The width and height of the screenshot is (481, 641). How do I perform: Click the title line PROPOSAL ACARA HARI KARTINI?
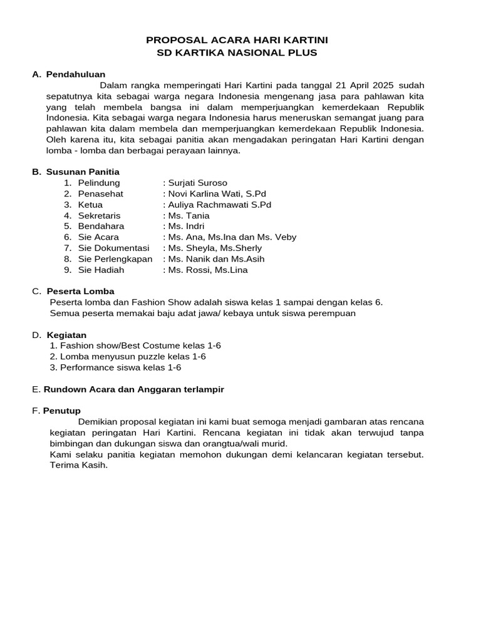click(237, 40)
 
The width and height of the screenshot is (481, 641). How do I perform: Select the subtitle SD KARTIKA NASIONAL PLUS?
click(237, 53)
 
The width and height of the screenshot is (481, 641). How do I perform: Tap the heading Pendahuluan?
click(76, 74)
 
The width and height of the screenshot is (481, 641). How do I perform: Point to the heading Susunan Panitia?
click(83, 172)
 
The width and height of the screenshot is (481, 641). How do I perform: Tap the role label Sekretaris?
click(100, 215)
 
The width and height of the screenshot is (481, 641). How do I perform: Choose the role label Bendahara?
click(101, 226)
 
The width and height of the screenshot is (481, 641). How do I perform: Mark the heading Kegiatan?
click(66, 335)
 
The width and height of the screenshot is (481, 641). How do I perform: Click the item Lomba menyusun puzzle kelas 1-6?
click(128, 356)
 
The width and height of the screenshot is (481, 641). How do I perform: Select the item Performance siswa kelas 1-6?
click(115, 367)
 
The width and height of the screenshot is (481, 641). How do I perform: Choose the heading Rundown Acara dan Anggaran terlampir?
click(133, 389)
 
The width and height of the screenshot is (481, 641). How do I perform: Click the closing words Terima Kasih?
click(79, 465)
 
